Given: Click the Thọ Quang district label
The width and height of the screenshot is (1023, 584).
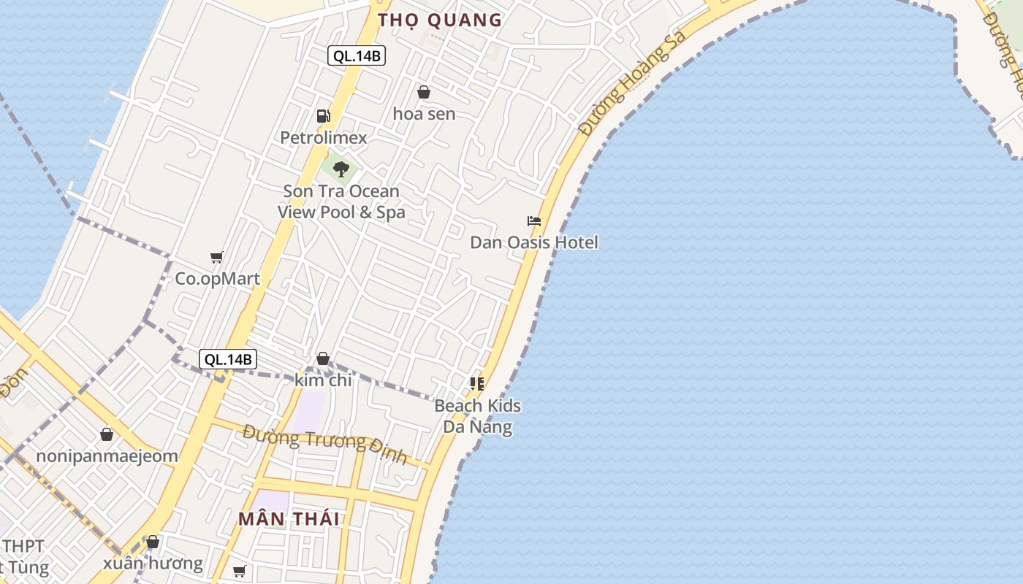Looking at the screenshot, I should (440, 20).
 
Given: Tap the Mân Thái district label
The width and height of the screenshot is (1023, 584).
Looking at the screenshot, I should (289, 519).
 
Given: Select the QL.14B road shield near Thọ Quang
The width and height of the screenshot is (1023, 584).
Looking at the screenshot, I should (356, 55).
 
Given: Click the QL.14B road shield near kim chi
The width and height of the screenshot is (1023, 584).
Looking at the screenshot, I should (228, 358).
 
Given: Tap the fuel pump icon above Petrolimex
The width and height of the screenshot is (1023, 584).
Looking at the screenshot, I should (323, 115).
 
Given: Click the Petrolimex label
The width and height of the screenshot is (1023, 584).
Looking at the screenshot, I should (324, 137).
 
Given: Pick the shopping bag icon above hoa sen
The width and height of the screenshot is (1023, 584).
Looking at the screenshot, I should (423, 92).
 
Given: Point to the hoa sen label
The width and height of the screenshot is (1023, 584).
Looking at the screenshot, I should (424, 114).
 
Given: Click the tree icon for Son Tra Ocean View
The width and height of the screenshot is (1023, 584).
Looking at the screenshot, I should (341, 169).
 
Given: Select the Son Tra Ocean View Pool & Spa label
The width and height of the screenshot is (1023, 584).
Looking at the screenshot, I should (341, 201).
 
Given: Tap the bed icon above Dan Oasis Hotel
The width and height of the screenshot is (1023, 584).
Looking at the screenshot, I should (534, 221).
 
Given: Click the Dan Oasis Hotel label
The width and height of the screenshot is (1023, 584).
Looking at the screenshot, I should (533, 242).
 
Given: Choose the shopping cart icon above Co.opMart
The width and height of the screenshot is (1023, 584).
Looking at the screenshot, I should (217, 257).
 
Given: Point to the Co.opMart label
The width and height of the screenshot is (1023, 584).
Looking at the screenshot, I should (217, 279).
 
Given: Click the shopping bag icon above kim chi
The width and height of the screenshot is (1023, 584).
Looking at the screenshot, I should (323, 358).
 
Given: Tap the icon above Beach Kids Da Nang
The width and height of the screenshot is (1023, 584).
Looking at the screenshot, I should (477, 383).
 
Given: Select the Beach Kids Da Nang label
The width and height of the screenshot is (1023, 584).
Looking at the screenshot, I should (478, 416).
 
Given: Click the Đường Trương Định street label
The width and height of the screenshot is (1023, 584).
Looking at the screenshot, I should (324, 445).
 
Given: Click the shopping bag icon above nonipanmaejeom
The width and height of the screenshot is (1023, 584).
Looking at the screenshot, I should (107, 434).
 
